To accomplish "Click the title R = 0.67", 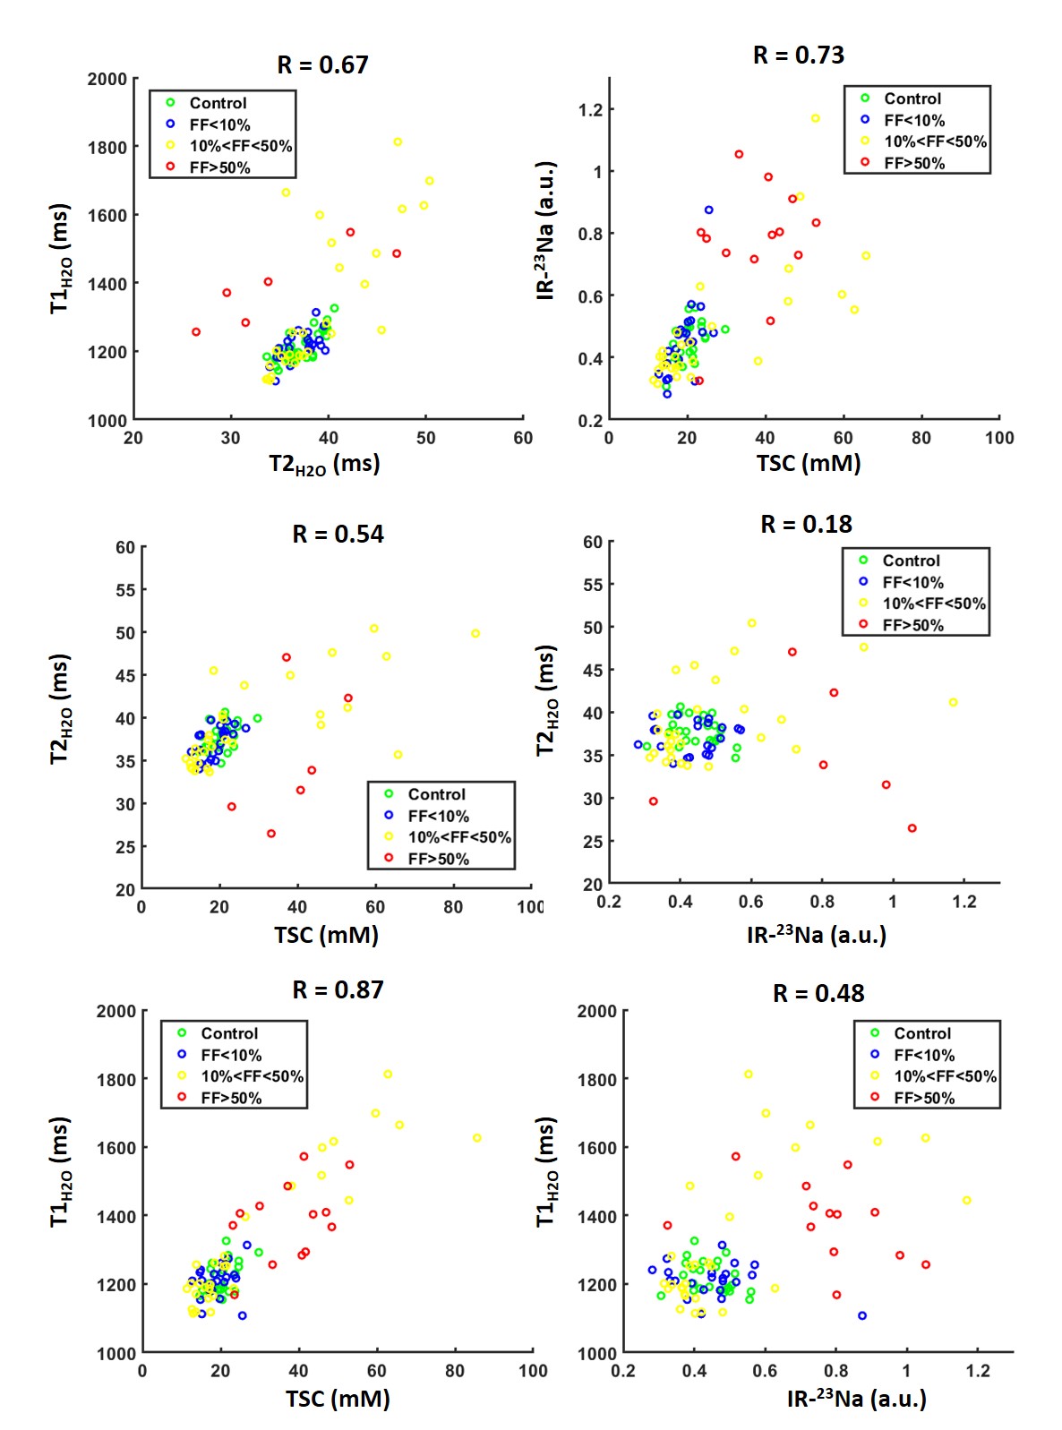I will [322, 64].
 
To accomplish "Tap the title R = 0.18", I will [806, 524].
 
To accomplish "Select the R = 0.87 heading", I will [338, 989].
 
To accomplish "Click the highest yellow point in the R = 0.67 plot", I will [398, 142].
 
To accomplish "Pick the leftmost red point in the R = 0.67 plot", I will [196, 332].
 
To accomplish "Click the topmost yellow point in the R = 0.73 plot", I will [816, 118].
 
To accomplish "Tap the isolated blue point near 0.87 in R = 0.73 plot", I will [708, 210].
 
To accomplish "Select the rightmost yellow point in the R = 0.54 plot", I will [475, 634].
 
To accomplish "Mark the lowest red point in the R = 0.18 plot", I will [912, 828].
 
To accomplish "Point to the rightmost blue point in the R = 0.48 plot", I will [862, 1315].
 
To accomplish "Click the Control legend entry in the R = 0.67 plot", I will [218, 103].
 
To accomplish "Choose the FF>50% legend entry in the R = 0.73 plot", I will [913, 163].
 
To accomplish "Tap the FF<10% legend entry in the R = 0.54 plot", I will [438, 816].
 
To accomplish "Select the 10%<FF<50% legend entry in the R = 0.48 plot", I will [945, 1076].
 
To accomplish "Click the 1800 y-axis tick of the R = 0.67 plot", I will [107, 147].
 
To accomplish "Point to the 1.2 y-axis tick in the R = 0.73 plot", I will [591, 110].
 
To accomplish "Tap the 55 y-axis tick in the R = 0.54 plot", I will [124, 590].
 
